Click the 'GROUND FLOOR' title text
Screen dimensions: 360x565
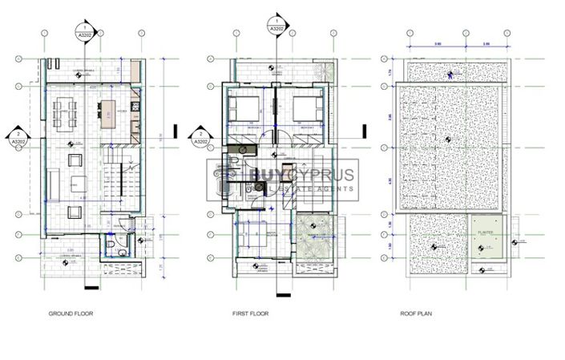[71, 314]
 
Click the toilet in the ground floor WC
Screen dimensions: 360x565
[119, 250]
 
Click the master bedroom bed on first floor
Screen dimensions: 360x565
[254, 238]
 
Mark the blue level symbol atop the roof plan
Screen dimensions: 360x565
[450, 75]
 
